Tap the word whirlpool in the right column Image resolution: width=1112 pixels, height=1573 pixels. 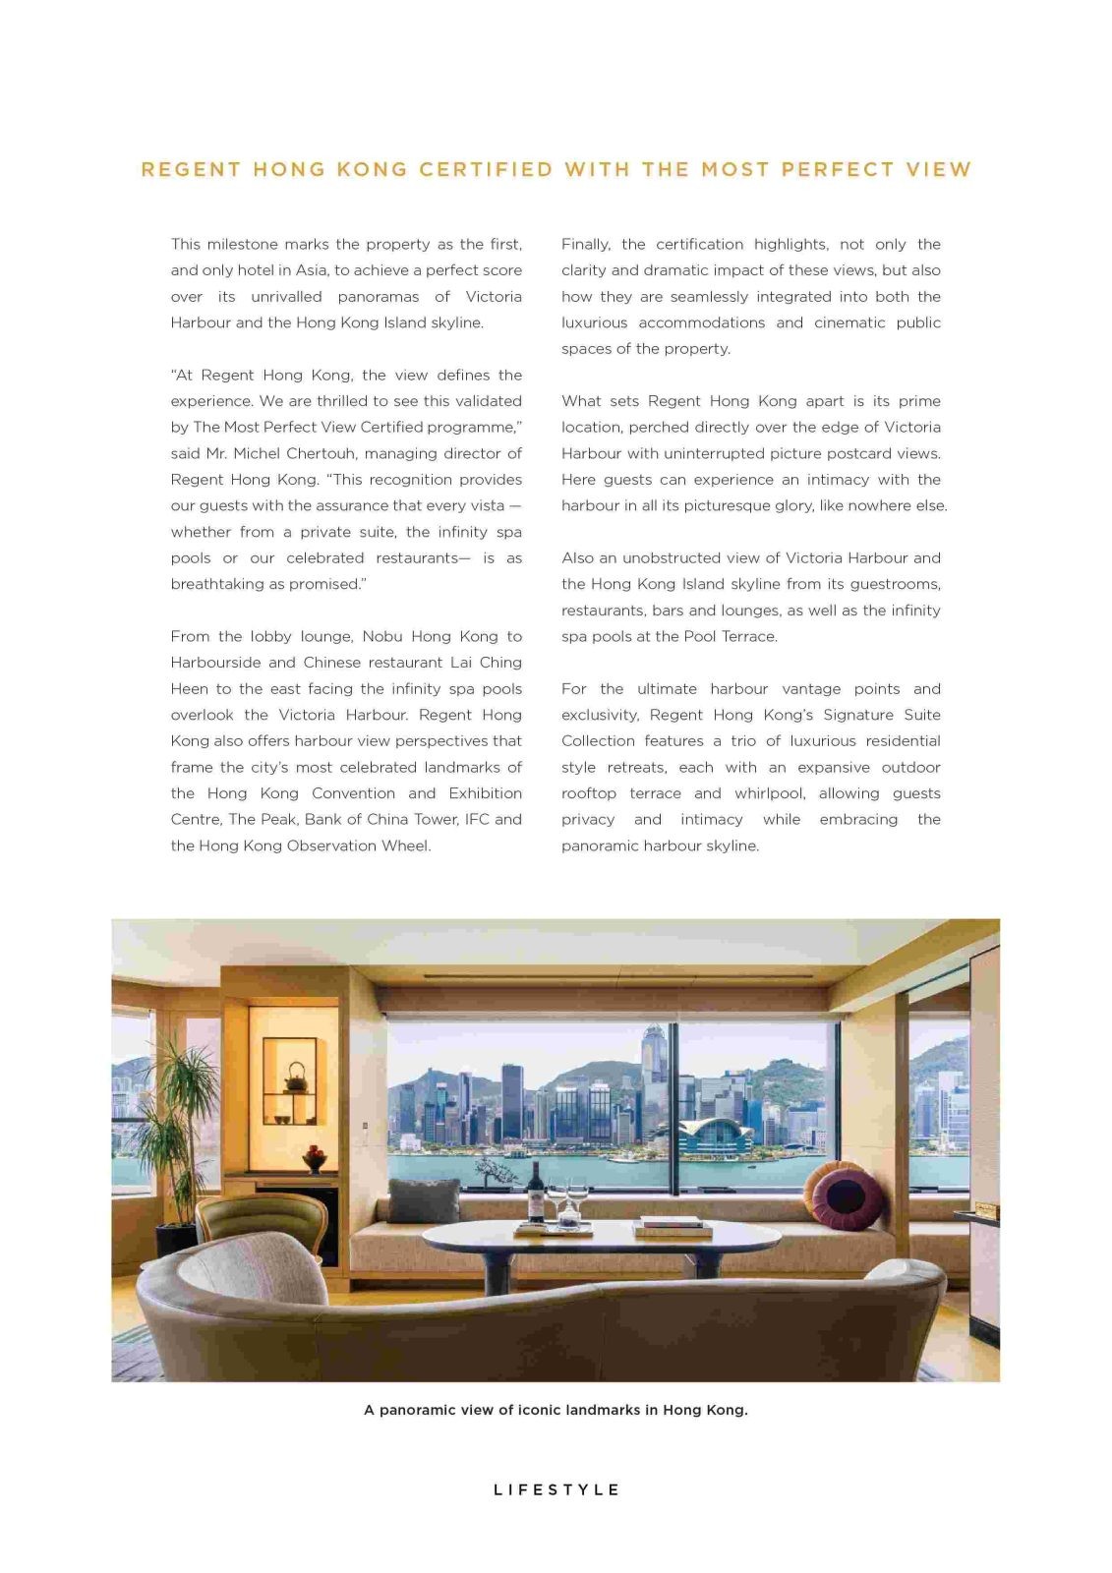pos(770,793)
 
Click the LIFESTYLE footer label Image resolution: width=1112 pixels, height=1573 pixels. pos(556,1489)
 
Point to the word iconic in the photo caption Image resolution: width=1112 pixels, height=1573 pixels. pos(547,1410)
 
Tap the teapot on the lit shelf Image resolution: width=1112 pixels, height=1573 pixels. pos(295,1078)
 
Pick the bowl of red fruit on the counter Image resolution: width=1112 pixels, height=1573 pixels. pos(315,1159)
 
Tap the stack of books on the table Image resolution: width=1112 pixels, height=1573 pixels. pos(673,1226)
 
